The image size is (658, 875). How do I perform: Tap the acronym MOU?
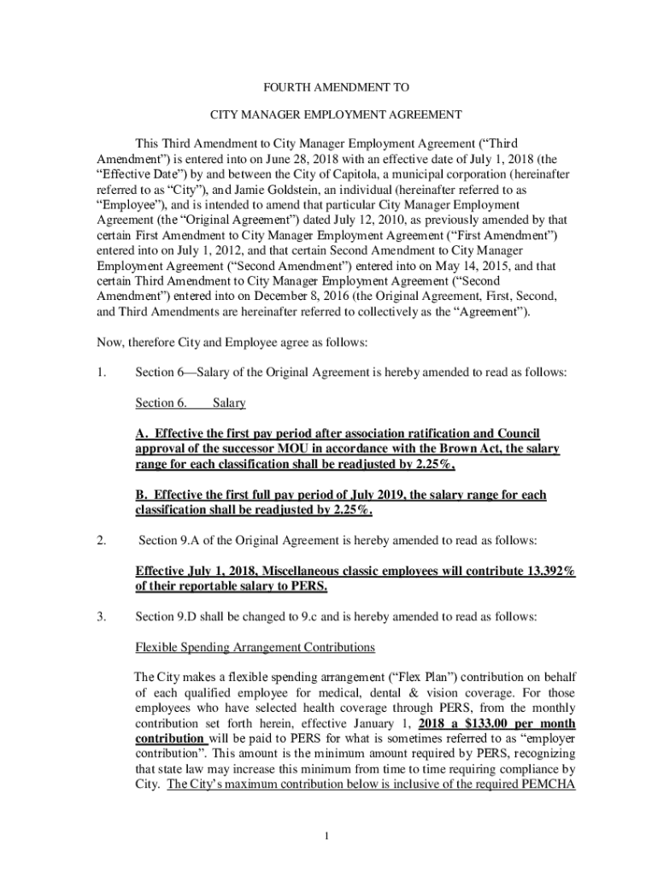[294, 449]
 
